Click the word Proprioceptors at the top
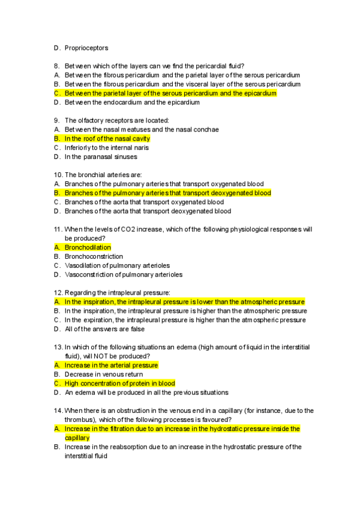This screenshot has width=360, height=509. [x=86, y=48]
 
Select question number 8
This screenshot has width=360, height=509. [x=56, y=65]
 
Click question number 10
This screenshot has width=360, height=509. [x=58, y=175]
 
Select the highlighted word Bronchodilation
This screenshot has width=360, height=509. [x=88, y=247]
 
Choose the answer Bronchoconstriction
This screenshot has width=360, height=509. [x=94, y=256]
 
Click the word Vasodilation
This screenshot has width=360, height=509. [x=83, y=265]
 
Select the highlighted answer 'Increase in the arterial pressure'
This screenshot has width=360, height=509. [x=111, y=365]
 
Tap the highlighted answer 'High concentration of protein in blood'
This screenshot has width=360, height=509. [x=119, y=384]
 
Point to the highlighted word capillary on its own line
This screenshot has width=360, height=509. [x=77, y=438]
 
